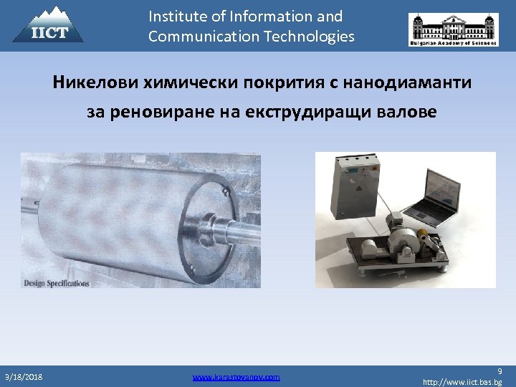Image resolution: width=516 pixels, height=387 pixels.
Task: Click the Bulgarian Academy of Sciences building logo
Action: [453, 29]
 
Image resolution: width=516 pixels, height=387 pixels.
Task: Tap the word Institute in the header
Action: [178, 16]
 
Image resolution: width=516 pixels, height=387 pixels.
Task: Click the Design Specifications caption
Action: [57, 283]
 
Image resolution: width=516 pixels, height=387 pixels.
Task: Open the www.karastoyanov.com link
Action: [236, 376]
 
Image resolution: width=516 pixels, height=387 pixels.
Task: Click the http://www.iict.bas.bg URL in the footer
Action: [462, 383]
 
